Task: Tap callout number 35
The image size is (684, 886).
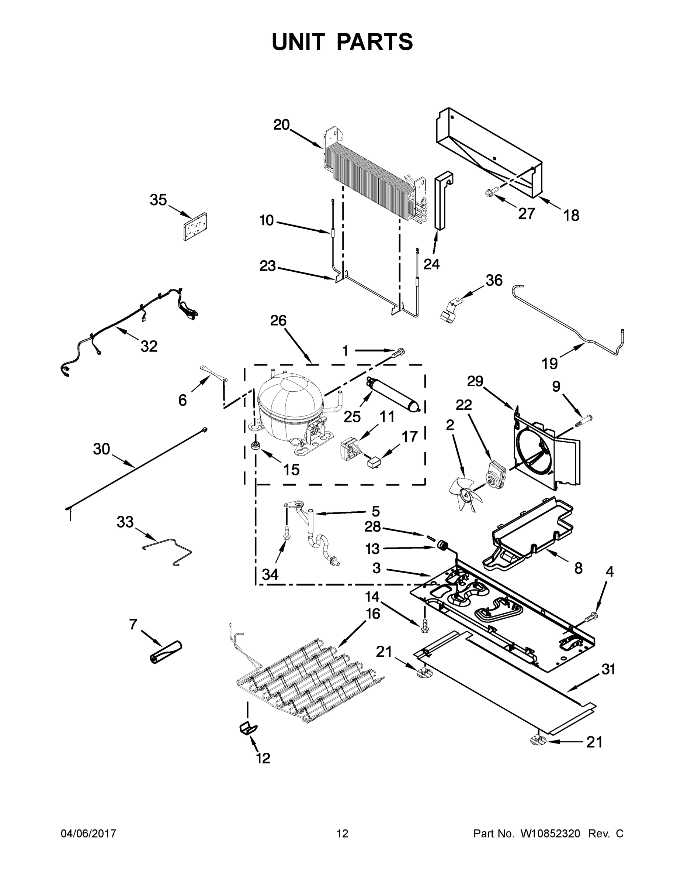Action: coord(158,200)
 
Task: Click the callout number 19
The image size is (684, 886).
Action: coord(549,364)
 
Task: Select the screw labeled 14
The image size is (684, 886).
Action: coord(425,637)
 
